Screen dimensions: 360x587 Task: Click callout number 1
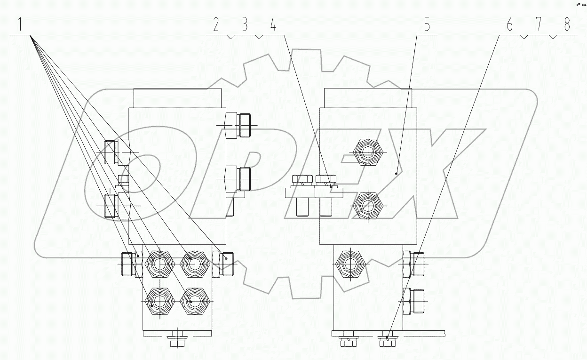(x=20, y=25)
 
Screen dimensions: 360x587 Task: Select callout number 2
(x=216, y=25)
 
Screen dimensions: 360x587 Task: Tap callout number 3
(x=245, y=25)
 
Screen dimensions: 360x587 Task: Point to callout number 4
(x=273, y=25)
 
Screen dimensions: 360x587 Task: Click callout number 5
(x=427, y=25)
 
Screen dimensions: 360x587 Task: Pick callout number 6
(x=509, y=25)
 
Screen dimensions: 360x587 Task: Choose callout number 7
(x=539, y=25)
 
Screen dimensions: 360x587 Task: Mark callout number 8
(x=567, y=25)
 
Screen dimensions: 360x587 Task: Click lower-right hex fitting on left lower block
(x=193, y=302)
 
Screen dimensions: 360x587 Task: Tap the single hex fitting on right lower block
(x=349, y=264)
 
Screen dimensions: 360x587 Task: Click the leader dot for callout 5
(x=397, y=173)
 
